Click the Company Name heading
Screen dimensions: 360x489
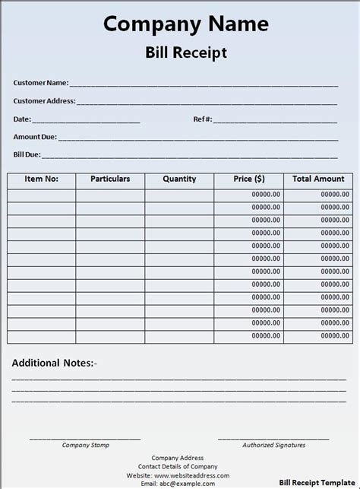186,24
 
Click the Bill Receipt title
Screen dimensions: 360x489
186,52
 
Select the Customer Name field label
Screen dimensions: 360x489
41,83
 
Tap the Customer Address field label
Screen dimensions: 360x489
44,101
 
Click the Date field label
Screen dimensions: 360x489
21,119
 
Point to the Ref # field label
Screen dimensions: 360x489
203,119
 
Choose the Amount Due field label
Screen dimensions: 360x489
35,138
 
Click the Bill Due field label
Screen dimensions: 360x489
27,155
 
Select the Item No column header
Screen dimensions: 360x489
41,179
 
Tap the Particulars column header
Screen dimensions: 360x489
110,179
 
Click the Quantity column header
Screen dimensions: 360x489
179,179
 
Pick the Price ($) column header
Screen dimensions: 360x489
249,179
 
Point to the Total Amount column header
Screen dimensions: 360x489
318,179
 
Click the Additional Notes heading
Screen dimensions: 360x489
54,364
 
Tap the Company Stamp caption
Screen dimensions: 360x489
85,446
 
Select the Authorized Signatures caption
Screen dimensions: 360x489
273,446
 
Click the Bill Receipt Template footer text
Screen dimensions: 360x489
317,482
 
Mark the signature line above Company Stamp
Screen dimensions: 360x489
85,439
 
